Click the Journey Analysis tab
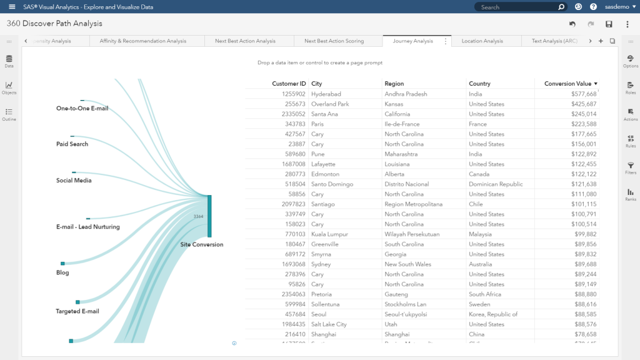pos(412,41)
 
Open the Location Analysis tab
pos(482,41)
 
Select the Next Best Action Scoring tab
pos(334,41)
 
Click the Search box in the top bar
pos(516,7)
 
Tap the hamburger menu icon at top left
pos(12,7)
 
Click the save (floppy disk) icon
pos(609,24)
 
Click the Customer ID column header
pos(289,84)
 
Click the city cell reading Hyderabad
pos(326,94)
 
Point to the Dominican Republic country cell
pos(497,184)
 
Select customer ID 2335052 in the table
pos(294,114)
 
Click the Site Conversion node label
pos(201,244)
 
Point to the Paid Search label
pos(72,144)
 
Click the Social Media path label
pos(74,181)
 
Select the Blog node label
pos(62,272)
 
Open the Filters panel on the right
pos(631,167)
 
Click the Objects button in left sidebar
pos(9,87)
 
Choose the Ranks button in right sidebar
pos(631,194)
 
